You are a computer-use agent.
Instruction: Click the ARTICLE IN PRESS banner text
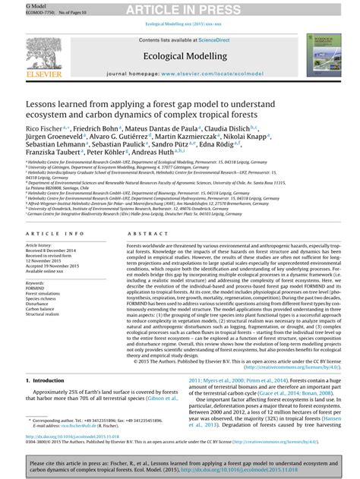pyautogui.click(x=179, y=9)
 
